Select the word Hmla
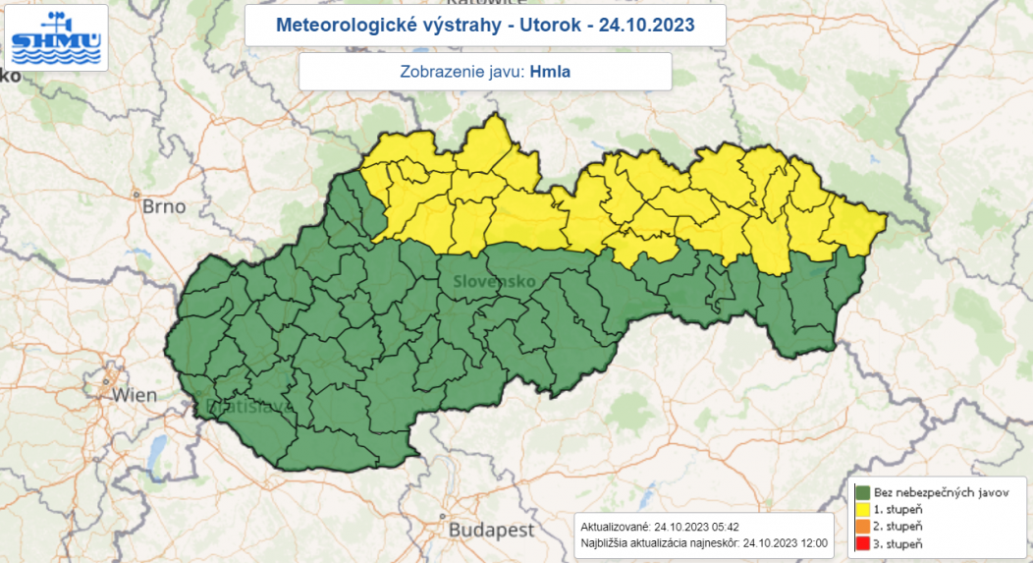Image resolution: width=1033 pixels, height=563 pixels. point(550,72)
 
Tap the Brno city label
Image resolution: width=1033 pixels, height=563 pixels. point(163,207)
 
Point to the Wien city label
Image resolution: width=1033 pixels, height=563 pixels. point(135,395)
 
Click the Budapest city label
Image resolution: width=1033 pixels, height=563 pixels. point(491,530)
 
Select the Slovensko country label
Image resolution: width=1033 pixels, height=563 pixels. point(494,282)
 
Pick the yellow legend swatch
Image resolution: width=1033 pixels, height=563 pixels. point(864,509)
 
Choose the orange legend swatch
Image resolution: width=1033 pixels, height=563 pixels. point(864,526)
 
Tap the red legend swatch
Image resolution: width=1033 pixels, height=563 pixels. point(864,542)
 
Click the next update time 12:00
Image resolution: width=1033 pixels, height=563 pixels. point(814,542)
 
